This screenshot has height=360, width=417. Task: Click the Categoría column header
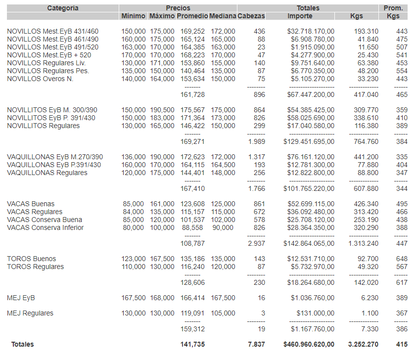63,8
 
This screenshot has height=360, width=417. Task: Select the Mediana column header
222,16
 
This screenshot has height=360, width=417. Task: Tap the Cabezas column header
251,16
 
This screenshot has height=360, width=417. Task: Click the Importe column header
300,16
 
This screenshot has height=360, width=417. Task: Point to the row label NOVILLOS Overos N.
40,79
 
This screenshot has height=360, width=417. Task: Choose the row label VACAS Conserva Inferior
46,227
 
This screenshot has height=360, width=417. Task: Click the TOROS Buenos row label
32,259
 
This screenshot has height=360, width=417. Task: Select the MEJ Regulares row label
30,313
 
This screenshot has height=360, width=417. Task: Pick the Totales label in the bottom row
23,344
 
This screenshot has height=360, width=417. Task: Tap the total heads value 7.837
256,344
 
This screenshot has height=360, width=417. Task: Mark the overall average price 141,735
192,344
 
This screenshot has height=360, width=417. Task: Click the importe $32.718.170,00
311,32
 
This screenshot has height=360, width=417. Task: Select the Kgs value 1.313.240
363,243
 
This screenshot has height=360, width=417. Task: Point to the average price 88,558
193,227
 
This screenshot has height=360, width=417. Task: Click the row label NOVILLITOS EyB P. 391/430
51,118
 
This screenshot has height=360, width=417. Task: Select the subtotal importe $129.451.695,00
309,141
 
